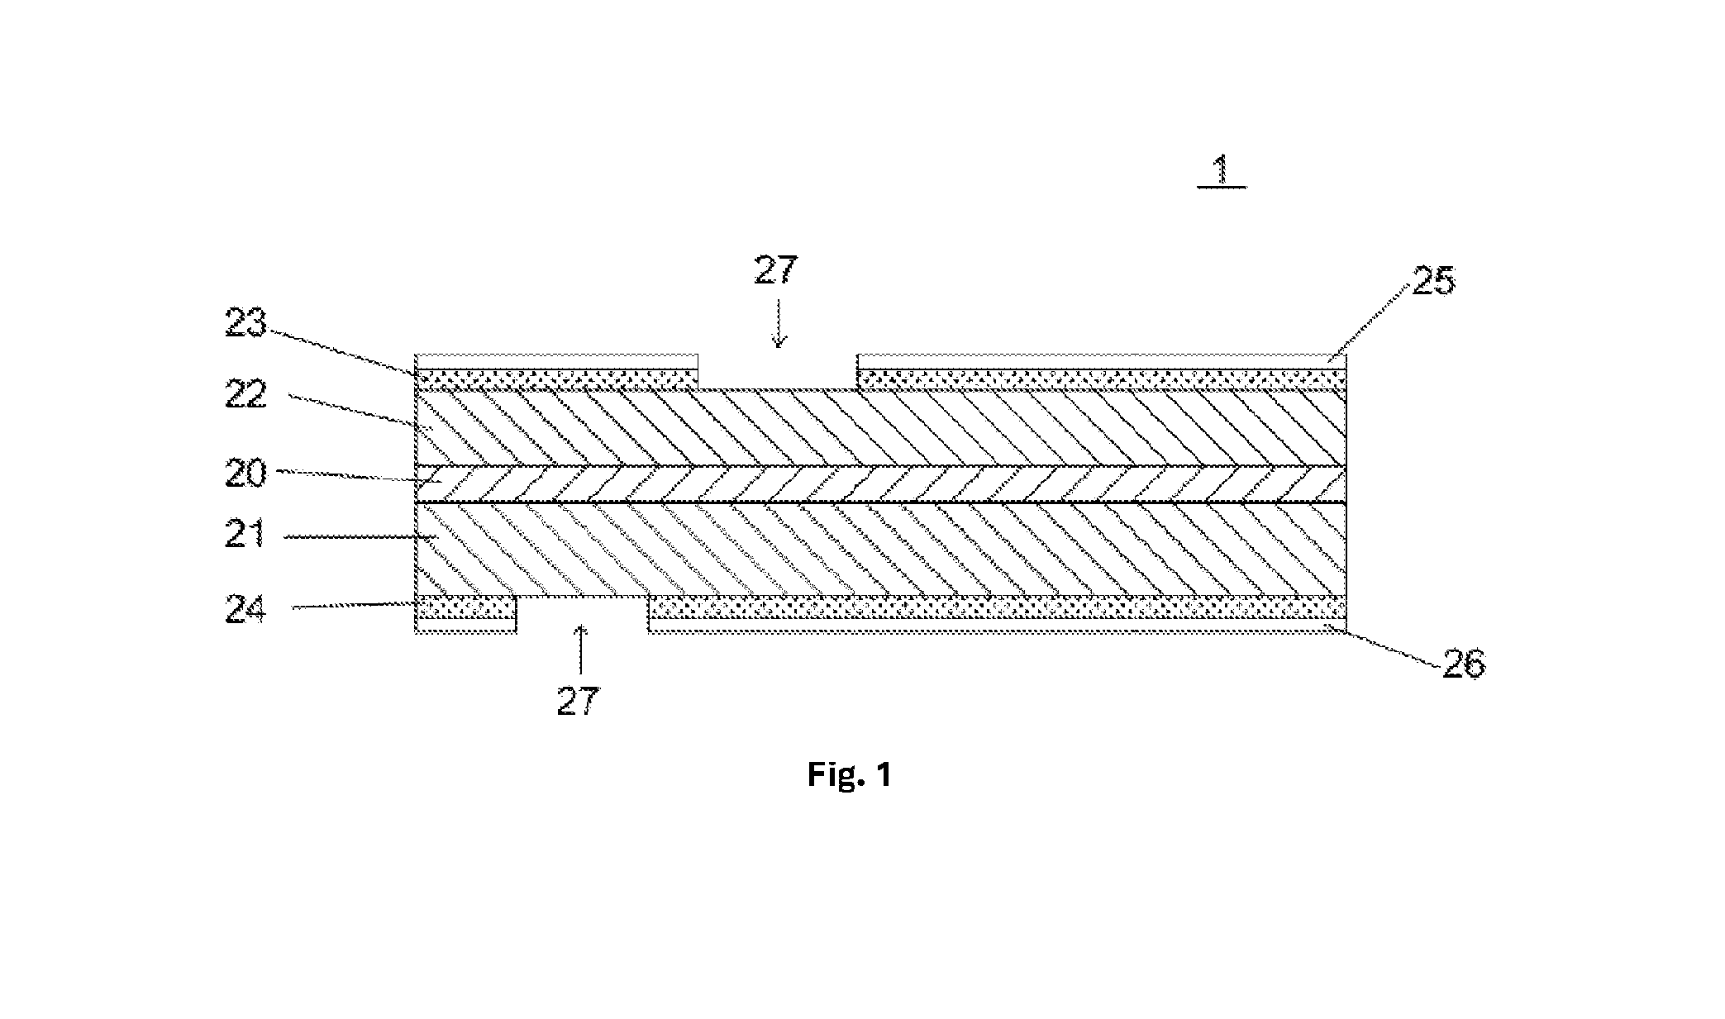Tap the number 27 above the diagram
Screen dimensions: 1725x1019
point(776,271)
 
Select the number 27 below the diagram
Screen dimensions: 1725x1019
point(577,702)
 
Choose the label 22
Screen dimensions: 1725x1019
point(247,395)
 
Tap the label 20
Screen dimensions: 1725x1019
point(247,474)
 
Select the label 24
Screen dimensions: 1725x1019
point(247,612)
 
